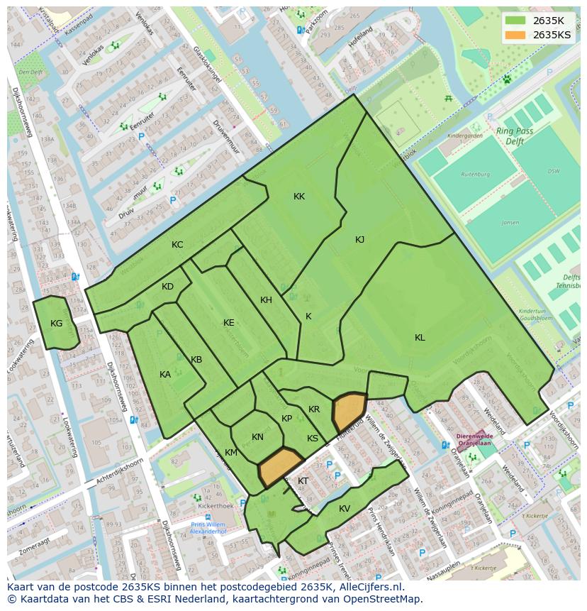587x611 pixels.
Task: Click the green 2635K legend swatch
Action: (x=516, y=21)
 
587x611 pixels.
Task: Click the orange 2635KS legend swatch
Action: (x=516, y=35)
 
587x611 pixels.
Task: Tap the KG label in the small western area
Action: (x=57, y=324)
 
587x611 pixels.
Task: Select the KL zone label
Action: (x=420, y=338)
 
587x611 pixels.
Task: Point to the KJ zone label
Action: (x=359, y=240)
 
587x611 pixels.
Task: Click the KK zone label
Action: (x=299, y=197)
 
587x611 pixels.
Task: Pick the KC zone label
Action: (x=177, y=245)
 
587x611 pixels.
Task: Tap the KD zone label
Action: (x=167, y=287)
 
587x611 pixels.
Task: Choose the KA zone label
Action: (x=165, y=375)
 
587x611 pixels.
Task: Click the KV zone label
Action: (x=345, y=509)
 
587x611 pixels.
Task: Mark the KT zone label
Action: (x=303, y=481)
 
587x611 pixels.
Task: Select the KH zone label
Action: (x=266, y=300)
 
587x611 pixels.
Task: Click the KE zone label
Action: (x=228, y=323)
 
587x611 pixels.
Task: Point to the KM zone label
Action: (x=231, y=453)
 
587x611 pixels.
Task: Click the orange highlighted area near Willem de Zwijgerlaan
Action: (x=349, y=411)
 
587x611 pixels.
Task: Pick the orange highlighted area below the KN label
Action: (x=279, y=466)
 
